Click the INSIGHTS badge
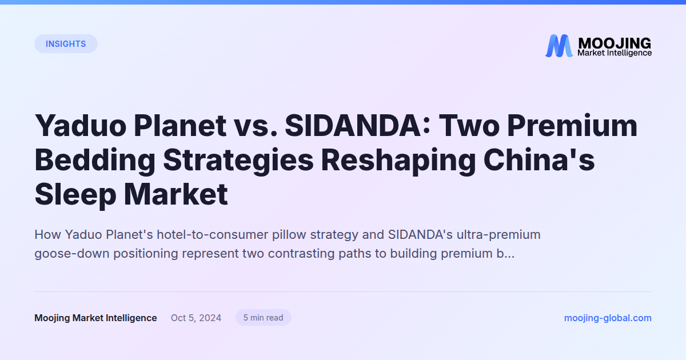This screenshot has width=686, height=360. pyautogui.click(x=66, y=44)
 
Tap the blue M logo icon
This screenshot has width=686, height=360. pyautogui.click(x=559, y=46)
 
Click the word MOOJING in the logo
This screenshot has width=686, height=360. pyautogui.click(x=614, y=43)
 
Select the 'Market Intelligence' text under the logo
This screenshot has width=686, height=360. pyautogui.click(x=614, y=53)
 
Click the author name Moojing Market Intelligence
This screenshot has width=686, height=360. pyautogui.click(x=95, y=318)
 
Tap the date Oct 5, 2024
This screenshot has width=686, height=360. pyautogui.click(x=196, y=318)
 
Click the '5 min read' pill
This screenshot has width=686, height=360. pyautogui.click(x=263, y=318)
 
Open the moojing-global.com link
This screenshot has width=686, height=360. pyautogui.click(x=608, y=318)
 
